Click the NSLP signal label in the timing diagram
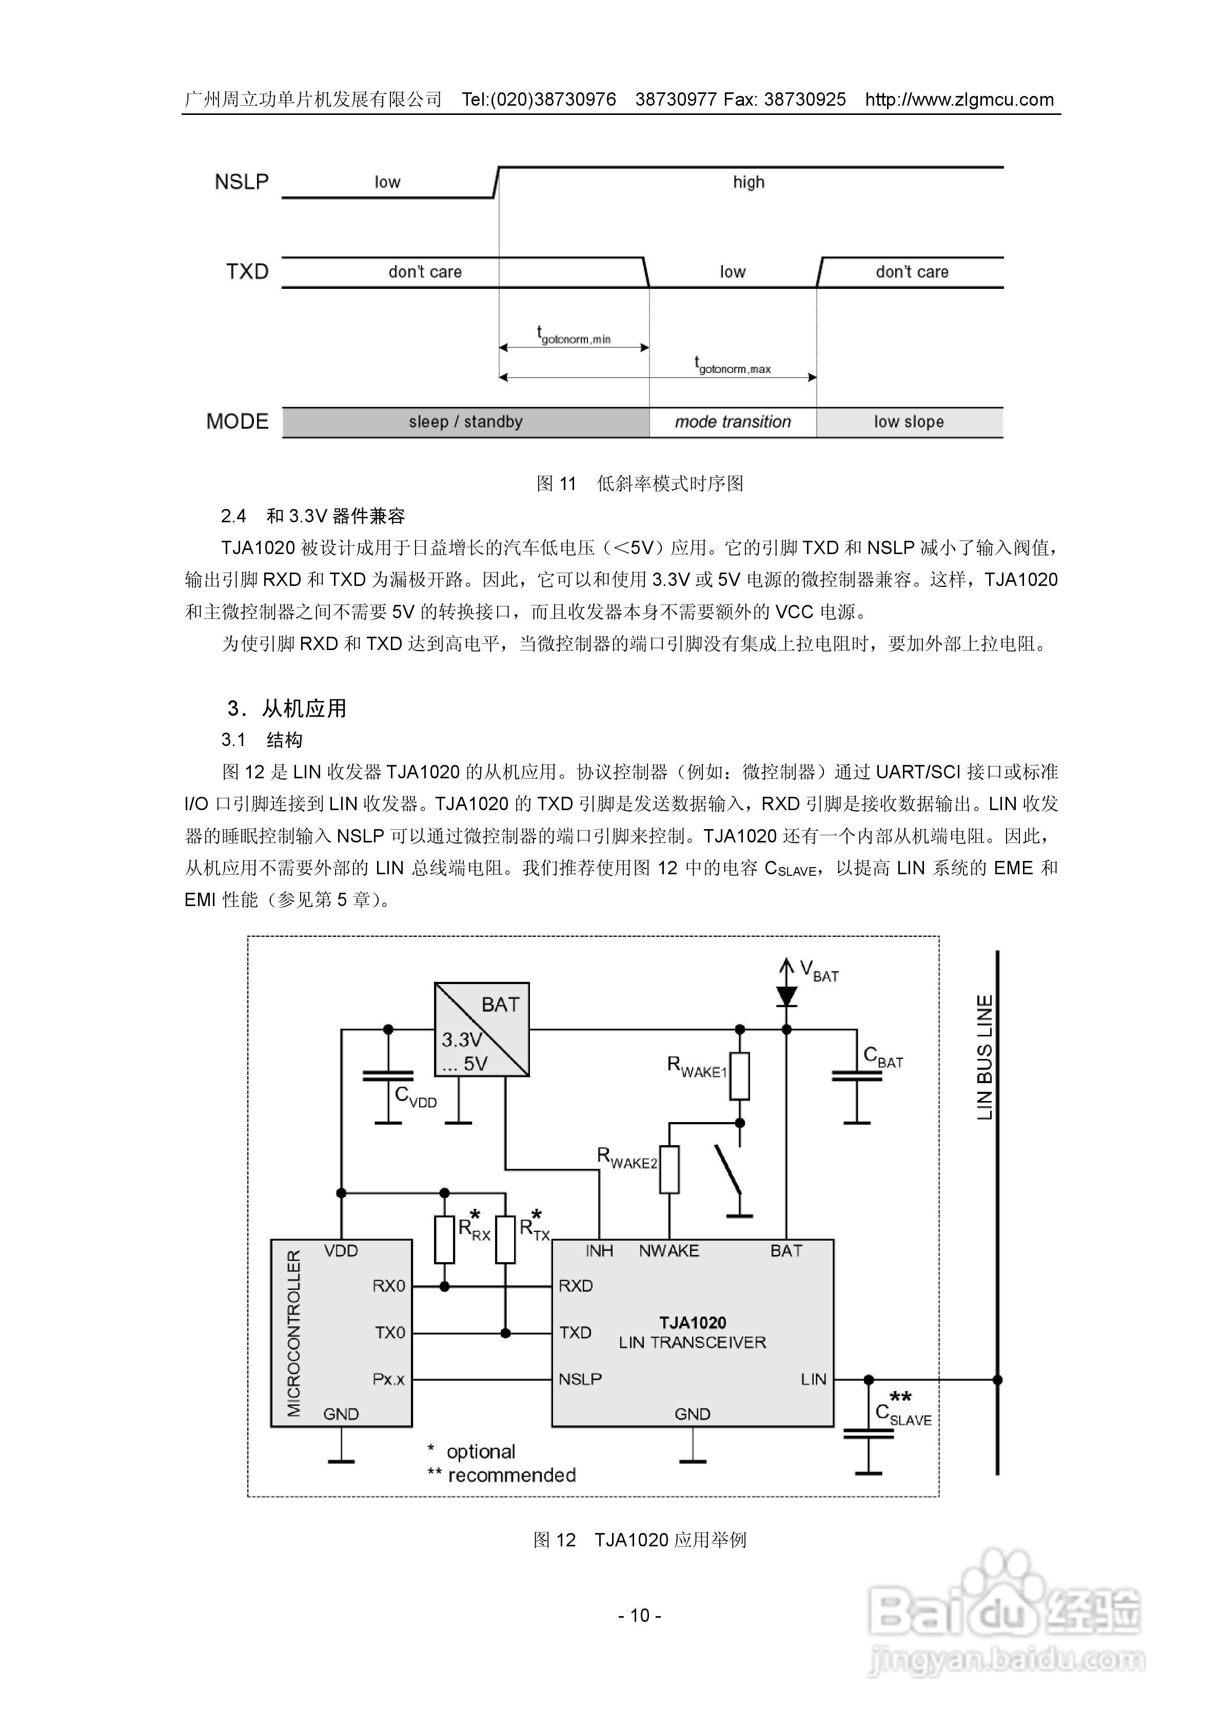[241, 182]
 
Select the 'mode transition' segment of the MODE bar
[733, 422]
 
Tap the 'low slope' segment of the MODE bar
[909, 422]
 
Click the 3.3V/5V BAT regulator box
[482, 1029]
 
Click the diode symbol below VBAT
[786, 996]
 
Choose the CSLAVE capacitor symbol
[869, 1435]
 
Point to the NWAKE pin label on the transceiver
[668, 1251]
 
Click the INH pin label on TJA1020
[599, 1251]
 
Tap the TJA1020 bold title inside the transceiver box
[693, 1322]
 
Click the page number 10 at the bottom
[640, 1615]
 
